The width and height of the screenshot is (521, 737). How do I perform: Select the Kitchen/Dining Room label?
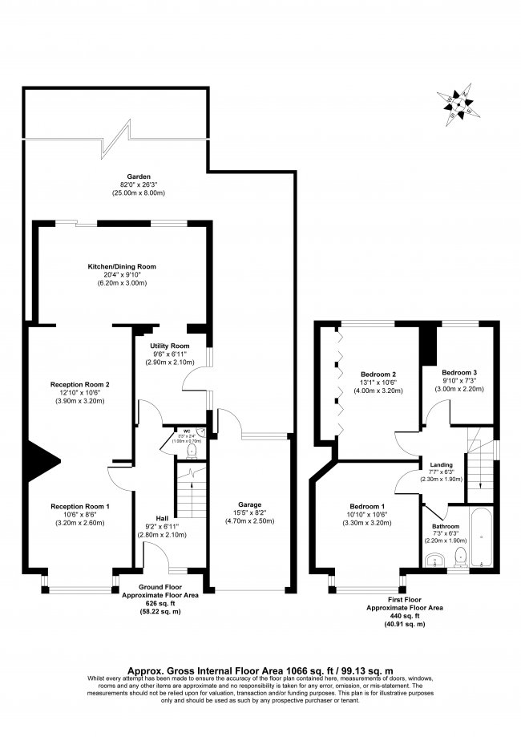[122, 265]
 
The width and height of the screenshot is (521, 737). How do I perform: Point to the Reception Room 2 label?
[79, 384]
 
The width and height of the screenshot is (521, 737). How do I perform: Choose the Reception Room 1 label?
[79, 506]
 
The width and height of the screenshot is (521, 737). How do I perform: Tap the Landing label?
[441, 464]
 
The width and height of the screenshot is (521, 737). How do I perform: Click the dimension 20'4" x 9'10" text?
[122, 274]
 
